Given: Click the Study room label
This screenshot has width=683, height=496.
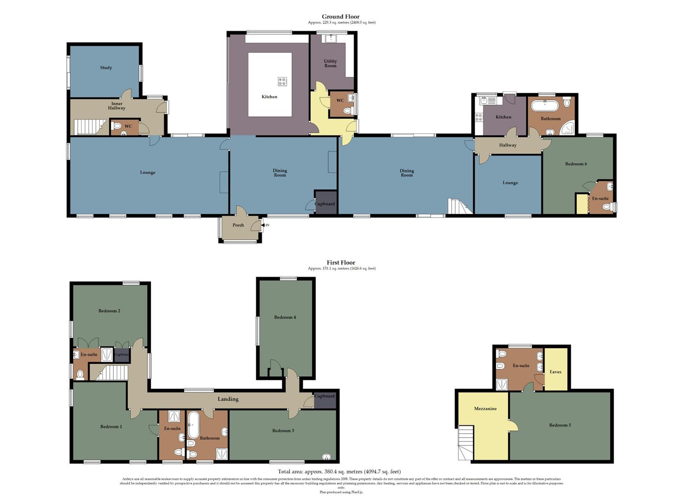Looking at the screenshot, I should tap(106, 68).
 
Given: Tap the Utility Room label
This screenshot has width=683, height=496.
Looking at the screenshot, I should tap(330, 63).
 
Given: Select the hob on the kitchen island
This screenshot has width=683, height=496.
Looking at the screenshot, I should tap(282, 81).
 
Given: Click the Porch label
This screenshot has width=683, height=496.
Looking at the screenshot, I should tap(238, 225).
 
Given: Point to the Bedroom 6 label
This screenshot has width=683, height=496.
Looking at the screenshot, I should tap(576, 164).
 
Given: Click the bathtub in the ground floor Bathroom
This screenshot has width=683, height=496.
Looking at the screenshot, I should tap(545, 106).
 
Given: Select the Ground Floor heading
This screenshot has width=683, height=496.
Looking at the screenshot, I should tap(341, 17).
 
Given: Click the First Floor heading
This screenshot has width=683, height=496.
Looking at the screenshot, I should tap(341, 263).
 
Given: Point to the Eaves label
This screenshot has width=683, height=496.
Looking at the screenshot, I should tap(556, 372).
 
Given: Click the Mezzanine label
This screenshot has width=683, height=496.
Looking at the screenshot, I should tap(485, 408).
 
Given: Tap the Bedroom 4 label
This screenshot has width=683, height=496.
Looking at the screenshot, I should tap(285, 317).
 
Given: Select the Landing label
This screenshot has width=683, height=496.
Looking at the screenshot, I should tap(228, 399).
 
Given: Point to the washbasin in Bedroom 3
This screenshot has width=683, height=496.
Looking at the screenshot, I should tap(326, 457).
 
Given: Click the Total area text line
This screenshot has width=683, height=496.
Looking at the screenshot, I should tap(339, 471).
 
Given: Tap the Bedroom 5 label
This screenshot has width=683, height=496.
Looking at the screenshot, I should tap(560, 425).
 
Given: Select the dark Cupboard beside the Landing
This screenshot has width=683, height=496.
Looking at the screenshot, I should tap(325, 400).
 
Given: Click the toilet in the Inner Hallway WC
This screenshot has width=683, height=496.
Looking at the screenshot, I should tap(117, 126).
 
